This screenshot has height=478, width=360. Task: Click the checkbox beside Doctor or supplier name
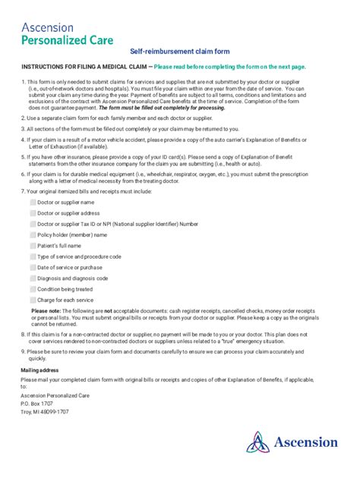[33, 203]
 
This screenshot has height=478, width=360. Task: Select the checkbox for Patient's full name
[33, 246]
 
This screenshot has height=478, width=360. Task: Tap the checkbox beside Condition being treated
[33, 289]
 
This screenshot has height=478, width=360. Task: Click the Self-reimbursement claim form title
[179, 50]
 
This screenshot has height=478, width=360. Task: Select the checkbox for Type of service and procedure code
[33, 256]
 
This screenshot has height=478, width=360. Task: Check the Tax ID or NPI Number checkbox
[33, 224]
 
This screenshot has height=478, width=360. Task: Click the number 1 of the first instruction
[23, 80]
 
